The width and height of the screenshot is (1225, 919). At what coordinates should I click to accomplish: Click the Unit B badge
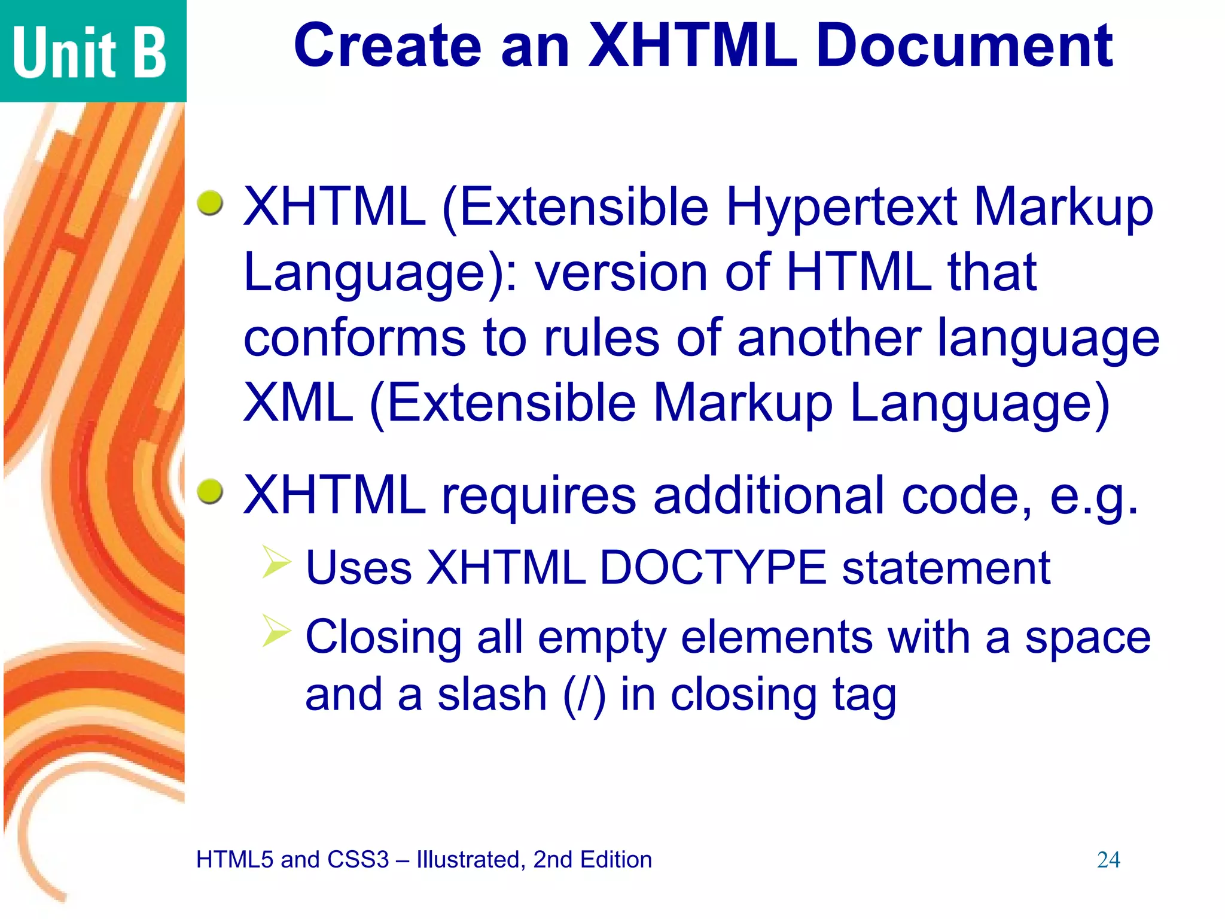(90, 51)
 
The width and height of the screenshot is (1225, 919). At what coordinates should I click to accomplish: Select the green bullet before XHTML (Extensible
(210, 203)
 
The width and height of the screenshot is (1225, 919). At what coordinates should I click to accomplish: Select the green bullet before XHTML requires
(210, 491)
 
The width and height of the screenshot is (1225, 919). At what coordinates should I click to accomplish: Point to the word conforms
(354, 338)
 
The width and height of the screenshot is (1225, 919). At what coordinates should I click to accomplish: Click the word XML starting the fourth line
(298, 403)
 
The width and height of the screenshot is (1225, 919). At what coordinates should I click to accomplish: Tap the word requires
(539, 496)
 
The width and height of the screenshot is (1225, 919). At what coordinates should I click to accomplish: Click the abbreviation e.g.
(1094, 496)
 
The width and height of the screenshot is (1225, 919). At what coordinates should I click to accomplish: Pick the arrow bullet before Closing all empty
(276, 631)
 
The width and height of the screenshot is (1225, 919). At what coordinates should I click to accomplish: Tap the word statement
(946, 567)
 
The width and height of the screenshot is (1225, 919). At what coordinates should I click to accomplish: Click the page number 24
(1108, 860)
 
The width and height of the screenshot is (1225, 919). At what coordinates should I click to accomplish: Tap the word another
(828, 338)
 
